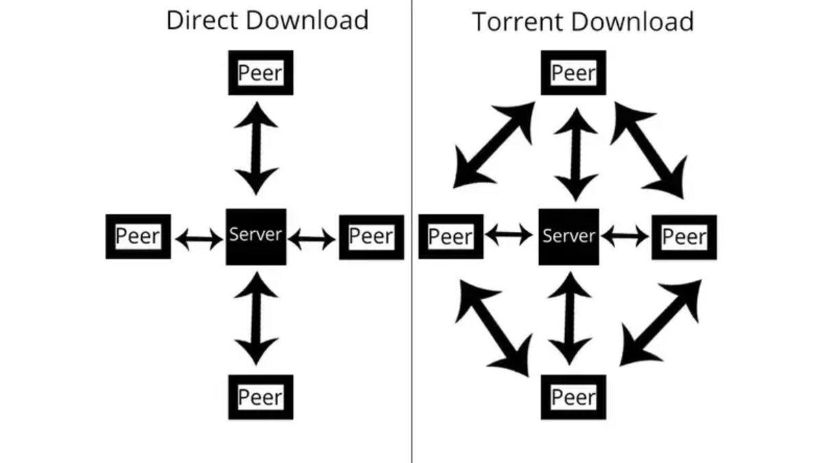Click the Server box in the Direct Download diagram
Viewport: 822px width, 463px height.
(256, 236)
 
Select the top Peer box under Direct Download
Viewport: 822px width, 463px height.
(260, 73)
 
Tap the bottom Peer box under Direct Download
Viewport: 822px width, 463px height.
(260, 396)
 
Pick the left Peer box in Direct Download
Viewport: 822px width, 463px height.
(138, 237)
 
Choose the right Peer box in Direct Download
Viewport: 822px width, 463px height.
(371, 237)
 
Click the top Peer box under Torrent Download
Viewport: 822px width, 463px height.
(573, 73)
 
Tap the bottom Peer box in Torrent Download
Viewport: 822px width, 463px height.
(573, 396)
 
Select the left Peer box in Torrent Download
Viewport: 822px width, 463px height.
(451, 237)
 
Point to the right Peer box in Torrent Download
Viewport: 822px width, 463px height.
(684, 237)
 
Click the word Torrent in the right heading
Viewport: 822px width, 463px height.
(515, 22)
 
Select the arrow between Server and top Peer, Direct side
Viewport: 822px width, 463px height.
(256, 148)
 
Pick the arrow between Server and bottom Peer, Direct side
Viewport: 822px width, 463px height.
(256, 318)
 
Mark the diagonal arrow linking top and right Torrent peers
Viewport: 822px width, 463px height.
(648, 150)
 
